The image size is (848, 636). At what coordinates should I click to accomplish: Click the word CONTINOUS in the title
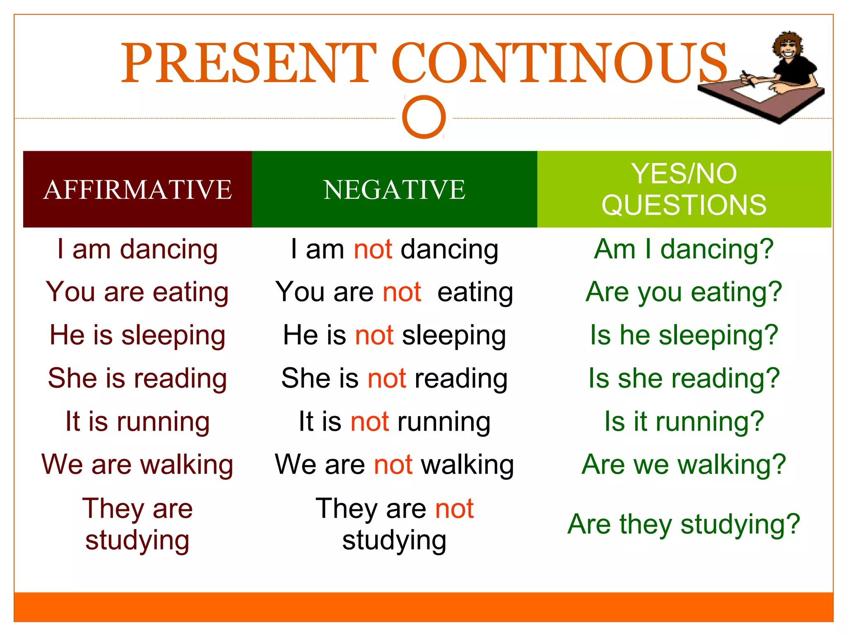click(x=559, y=63)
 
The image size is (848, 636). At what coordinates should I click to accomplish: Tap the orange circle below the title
click(x=424, y=117)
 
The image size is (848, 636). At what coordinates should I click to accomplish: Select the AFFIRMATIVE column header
click(x=137, y=190)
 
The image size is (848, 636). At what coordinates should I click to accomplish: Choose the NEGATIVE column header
click(x=394, y=190)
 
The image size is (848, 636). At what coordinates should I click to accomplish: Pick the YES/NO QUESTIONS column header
click(x=684, y=189)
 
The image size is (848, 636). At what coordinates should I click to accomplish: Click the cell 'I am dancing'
click(x=137, y=250)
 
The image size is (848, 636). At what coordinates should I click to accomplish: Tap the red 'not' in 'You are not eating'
click(x=402, y=292)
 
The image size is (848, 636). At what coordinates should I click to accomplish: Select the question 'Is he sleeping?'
click(x=684, y=335)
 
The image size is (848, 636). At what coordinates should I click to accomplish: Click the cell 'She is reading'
click(x=137, y=378)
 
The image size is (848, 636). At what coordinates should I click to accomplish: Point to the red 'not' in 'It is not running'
click(x=370, y=422)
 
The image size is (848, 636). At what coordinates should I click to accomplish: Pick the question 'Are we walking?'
click(x=684, y=465)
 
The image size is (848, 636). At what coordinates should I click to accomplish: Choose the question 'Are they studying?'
click(x=684, y=524)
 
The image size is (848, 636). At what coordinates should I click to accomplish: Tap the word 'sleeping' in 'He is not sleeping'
click(x=454, y=335)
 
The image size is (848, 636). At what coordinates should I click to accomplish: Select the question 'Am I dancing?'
click(x=684, y=250)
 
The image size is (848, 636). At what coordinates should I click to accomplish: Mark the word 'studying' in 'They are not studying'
click(x=394, y=540)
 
